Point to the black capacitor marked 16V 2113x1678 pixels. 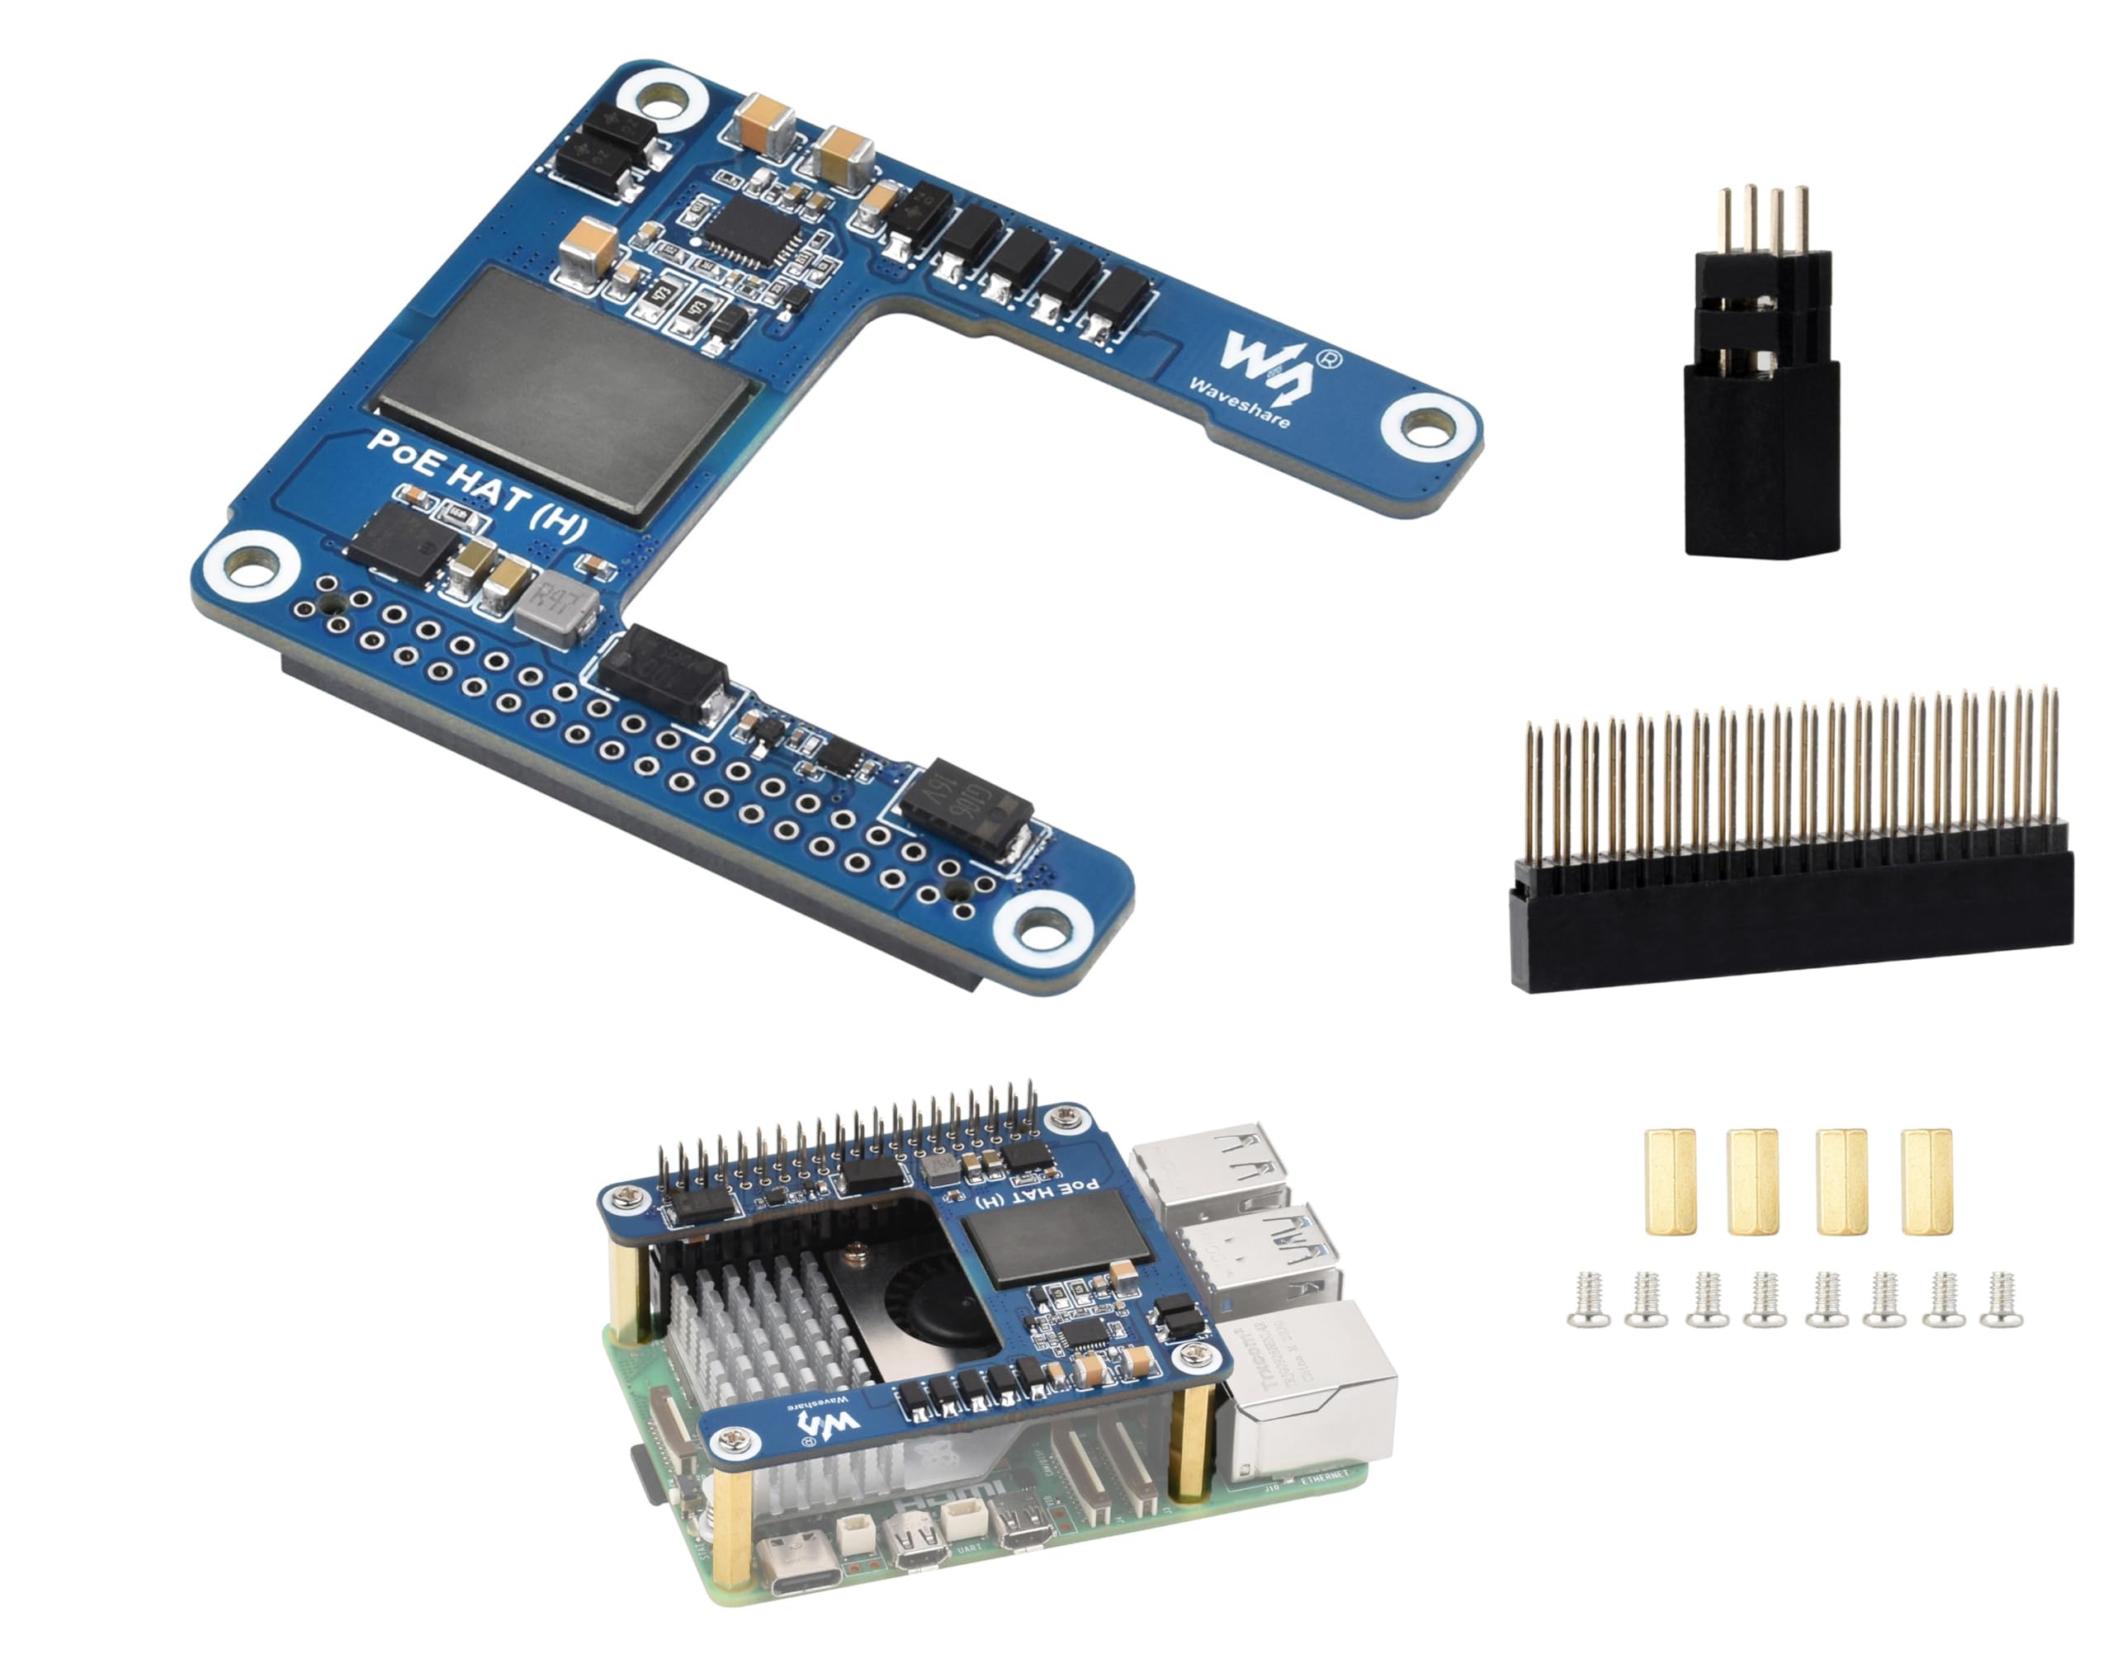coord(967,809)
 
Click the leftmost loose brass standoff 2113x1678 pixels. coord(1670,1181)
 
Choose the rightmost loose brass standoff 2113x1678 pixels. coord(1926,1181)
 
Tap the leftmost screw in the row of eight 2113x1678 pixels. coord(1588,1301)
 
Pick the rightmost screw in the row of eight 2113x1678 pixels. coord(2000,1300)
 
